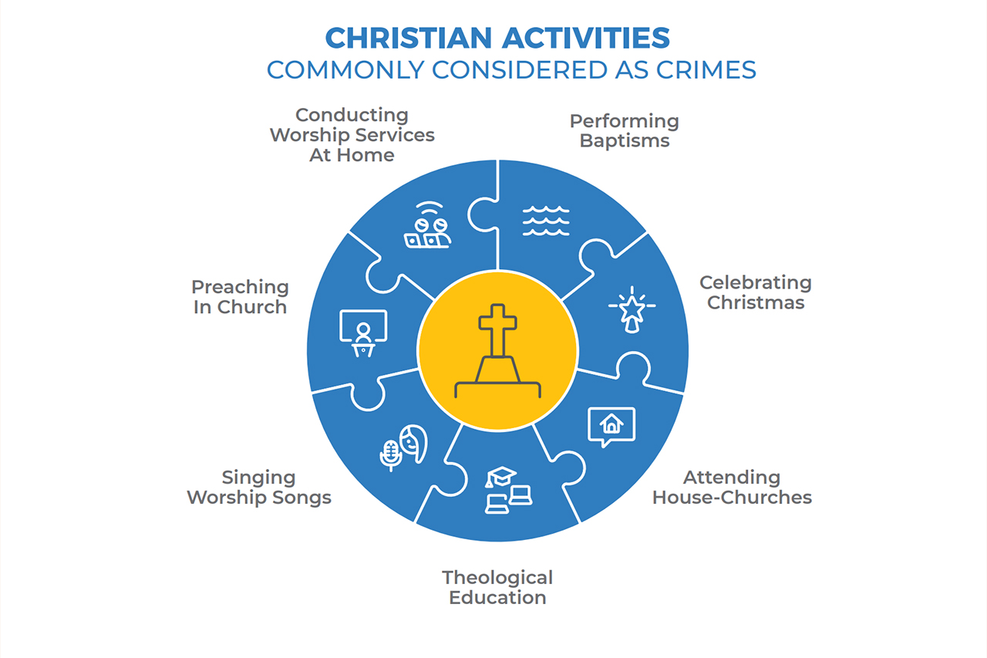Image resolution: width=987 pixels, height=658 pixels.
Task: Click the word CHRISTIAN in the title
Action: coord(408,38)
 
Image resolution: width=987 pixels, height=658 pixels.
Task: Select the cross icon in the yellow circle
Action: coord(498,351)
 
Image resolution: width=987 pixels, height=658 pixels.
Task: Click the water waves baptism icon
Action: coord(546,221)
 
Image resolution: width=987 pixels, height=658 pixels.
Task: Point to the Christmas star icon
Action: coord(632,309)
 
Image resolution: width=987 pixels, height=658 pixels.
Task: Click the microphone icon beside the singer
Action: coord(390,455)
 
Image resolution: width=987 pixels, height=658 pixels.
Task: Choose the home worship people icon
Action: coord(427,224)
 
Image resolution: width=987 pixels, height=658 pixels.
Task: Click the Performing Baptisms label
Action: coord(625,131)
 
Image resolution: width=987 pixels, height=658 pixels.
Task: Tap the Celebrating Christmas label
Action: coord(756,292)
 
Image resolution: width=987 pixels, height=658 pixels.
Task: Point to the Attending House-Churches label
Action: coord(732,488)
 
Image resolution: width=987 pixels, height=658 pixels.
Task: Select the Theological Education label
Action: coord(497,588)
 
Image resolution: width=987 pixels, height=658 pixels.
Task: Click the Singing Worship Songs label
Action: coord(259,488)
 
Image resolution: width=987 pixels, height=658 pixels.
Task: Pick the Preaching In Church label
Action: coord(240,297)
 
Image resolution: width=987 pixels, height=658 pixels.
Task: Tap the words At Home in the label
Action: coord(352,155)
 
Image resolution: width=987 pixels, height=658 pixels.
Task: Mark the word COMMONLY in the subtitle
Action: coord(345,70)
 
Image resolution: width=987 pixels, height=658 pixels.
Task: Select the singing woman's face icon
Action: coord(414,444)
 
